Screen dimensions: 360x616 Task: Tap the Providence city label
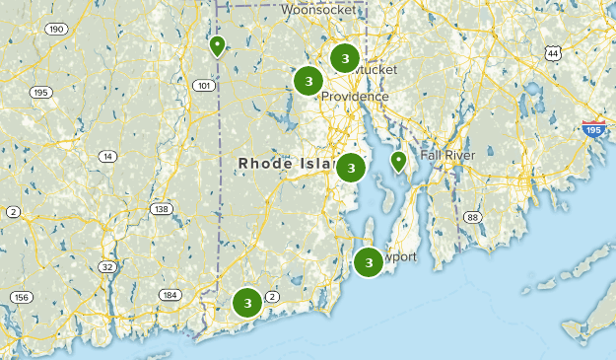354,97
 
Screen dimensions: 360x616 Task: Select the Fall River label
447,156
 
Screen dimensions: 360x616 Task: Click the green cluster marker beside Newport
369,262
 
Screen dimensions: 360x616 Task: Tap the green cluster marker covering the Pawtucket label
345,59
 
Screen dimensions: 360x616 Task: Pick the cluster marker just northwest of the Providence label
308,81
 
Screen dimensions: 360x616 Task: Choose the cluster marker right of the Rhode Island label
351,168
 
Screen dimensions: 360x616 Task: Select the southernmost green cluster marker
247,303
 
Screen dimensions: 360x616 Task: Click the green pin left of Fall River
398,160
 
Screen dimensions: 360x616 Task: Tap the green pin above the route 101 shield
217,45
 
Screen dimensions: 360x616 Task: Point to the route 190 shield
57,30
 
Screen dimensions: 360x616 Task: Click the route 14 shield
107,157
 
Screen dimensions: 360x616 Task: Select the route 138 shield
161,209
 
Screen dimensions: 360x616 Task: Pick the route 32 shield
107,267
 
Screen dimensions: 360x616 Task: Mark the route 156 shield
21,297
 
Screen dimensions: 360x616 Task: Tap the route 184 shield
171,295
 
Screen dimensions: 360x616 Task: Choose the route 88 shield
473,217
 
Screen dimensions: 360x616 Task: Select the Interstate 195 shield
593,128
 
